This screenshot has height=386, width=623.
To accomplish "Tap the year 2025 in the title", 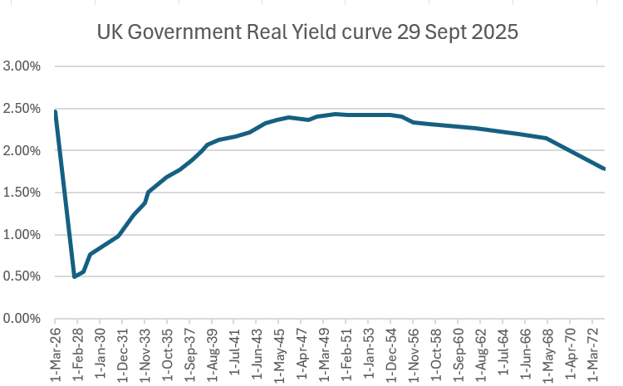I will pos(496,33).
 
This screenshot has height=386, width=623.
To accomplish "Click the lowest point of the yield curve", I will pos(75,276).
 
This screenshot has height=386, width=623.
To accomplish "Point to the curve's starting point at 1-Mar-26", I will pos(55,111).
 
